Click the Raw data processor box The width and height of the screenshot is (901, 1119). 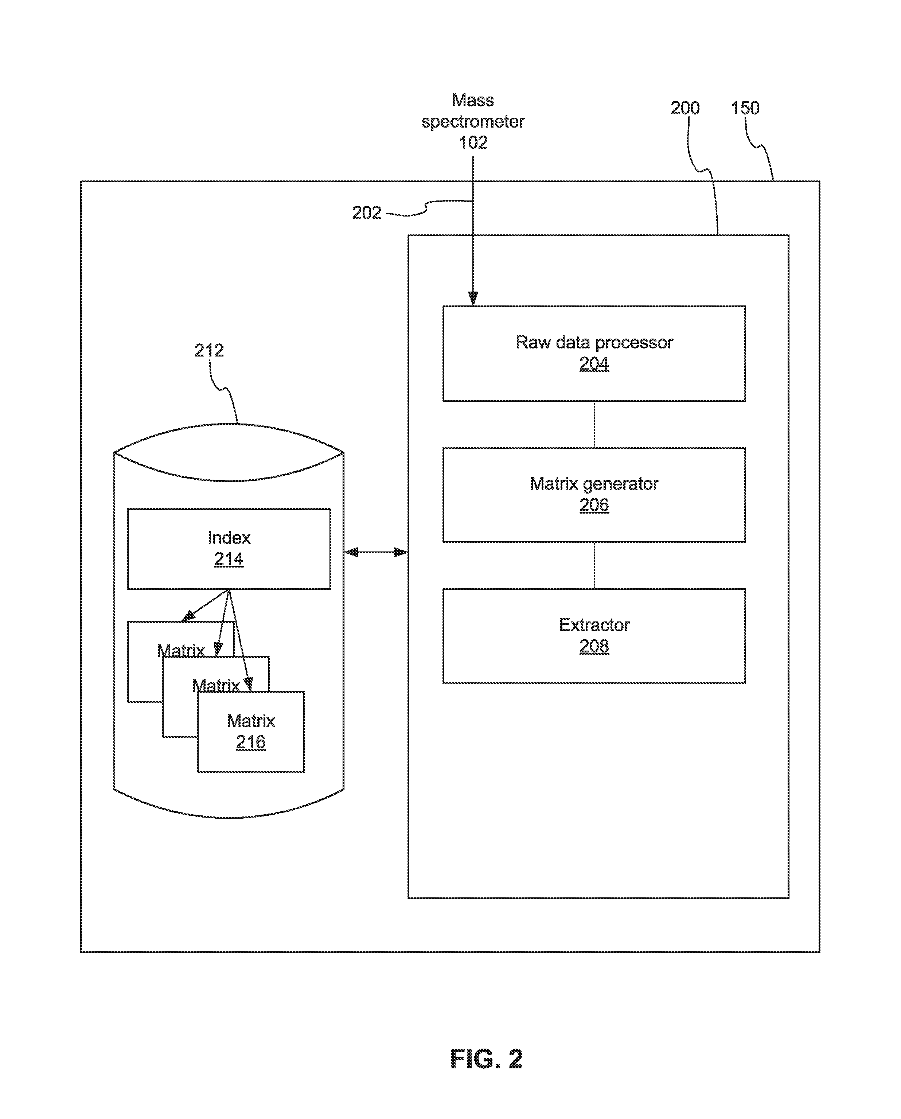tap(594, 354)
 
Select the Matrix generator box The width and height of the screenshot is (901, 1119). tap(594, 495)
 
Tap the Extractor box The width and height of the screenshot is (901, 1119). tap(594, 636)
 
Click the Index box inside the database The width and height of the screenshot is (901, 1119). tap(229, 549)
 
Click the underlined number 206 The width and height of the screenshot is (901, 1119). tap(594, 505)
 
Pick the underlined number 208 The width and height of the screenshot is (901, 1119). tap(594, 646)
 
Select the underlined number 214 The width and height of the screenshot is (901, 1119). tap(229, 559)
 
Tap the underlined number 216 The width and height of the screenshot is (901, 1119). tap(251, 742)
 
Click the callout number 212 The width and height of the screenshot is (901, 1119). tap(209, 350)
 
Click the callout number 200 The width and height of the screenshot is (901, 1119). tap(685, 108)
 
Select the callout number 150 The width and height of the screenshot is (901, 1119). tap(745, 108)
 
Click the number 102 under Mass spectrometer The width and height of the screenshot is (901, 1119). tap(473, 142)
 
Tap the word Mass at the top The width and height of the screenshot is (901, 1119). tap(473, 100)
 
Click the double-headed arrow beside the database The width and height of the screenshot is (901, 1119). tap(376, 552)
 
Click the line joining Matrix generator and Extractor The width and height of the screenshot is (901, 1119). tap(594, 565)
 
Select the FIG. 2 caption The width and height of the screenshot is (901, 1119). tap(486, 1059)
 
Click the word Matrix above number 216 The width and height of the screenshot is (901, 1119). tap(251, 721)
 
